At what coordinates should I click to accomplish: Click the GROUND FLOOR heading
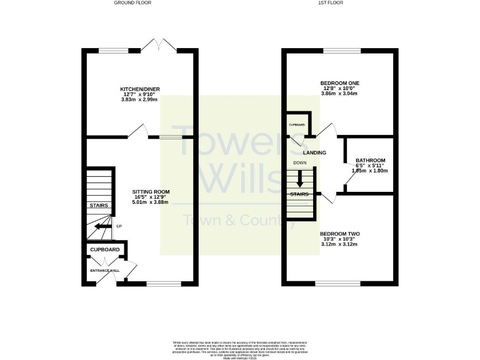(133, 3)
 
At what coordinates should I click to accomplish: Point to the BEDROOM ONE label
(339, 83)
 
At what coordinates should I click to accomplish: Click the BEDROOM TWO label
(341, 234)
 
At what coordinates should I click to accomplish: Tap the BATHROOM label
(370, 160)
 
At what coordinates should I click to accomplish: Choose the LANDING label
(314, 152)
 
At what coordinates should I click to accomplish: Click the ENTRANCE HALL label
(104, 270)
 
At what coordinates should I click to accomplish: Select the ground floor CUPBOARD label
(104, 250)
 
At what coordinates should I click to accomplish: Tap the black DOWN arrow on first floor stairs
(301, 180)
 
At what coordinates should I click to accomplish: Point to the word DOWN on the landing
(301, 164)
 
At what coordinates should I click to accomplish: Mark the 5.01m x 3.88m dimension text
(151, 202)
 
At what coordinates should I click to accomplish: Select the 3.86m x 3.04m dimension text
(339, 94)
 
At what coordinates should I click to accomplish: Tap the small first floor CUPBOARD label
(296, 125)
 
